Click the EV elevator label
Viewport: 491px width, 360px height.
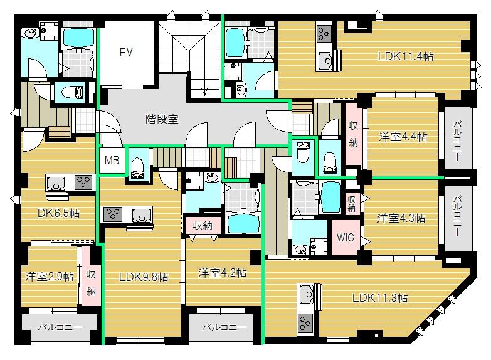(x=127, y=53)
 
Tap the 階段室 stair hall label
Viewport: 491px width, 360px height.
(x=162, y=118)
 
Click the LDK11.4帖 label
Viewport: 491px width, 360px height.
(x=406, y=56)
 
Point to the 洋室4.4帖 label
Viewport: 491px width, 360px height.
(x=403, y=136)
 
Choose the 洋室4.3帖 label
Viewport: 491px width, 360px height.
(x=401, y=218)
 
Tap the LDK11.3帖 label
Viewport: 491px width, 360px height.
(x=379, y=297)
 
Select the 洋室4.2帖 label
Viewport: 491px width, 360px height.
(x=222, y=273)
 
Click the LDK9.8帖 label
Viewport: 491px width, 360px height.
(x=144, y=277)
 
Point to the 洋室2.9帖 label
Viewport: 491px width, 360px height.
(x=50, y=277)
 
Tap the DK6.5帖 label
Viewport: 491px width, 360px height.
(x=58, y=213)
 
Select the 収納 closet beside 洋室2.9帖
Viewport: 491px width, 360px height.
(x=92, y=282)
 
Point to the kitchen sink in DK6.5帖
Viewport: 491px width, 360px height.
(x=56, y=183)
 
